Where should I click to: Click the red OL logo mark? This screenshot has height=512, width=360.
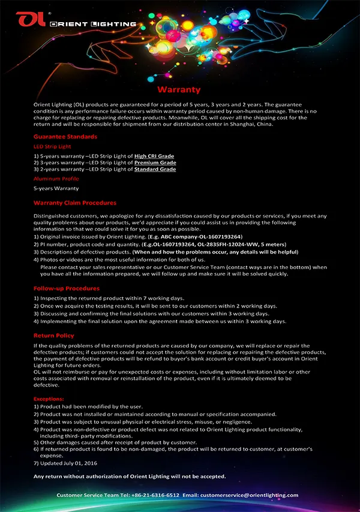click(x=30, y=20)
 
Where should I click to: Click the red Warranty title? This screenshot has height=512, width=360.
click(x=179, y=89)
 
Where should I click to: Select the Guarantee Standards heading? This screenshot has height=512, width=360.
click(x=65, y=137)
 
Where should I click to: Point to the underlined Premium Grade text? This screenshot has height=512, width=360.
click(x=155, y=162)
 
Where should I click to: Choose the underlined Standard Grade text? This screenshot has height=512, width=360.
click(x=155, y=169)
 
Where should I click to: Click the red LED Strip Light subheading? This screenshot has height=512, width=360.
click(x=52, y=146)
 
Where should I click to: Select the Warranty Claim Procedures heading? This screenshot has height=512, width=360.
click(x=75, y=203)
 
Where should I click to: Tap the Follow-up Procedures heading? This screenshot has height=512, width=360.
click(x=67, y=288)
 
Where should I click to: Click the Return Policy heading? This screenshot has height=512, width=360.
click(x=54, y=336)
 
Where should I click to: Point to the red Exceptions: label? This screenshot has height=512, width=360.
click(x=49, y=398)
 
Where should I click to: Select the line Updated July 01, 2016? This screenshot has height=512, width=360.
click(x=68, y=463)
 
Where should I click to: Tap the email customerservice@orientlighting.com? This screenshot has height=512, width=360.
click(x=249, y=495)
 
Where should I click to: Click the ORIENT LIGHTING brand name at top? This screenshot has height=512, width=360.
click(x=93, y=24)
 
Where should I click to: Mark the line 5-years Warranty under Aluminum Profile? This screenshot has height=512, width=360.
click(x=56, y=188)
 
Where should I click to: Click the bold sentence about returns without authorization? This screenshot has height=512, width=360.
click(x=130, y=476)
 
